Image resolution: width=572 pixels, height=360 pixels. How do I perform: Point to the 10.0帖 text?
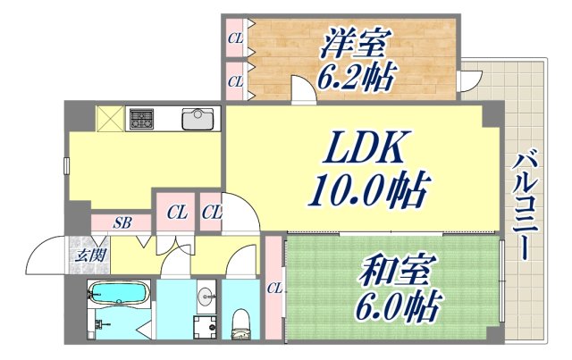(x=367, y=189)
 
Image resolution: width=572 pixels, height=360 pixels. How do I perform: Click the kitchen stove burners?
(x=142, y=119)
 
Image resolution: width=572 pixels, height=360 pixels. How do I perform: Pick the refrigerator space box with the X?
(x=110, y=119)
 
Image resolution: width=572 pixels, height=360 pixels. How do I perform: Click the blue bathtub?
(x=118, y=293)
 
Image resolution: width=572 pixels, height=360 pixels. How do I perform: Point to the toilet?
(x=240, y=323)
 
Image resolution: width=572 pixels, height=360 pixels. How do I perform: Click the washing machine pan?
(x=205, y=326)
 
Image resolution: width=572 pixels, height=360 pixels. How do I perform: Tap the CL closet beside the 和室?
(x=274, y=288)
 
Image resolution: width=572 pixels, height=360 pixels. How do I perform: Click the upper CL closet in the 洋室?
(x=235, y=38)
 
